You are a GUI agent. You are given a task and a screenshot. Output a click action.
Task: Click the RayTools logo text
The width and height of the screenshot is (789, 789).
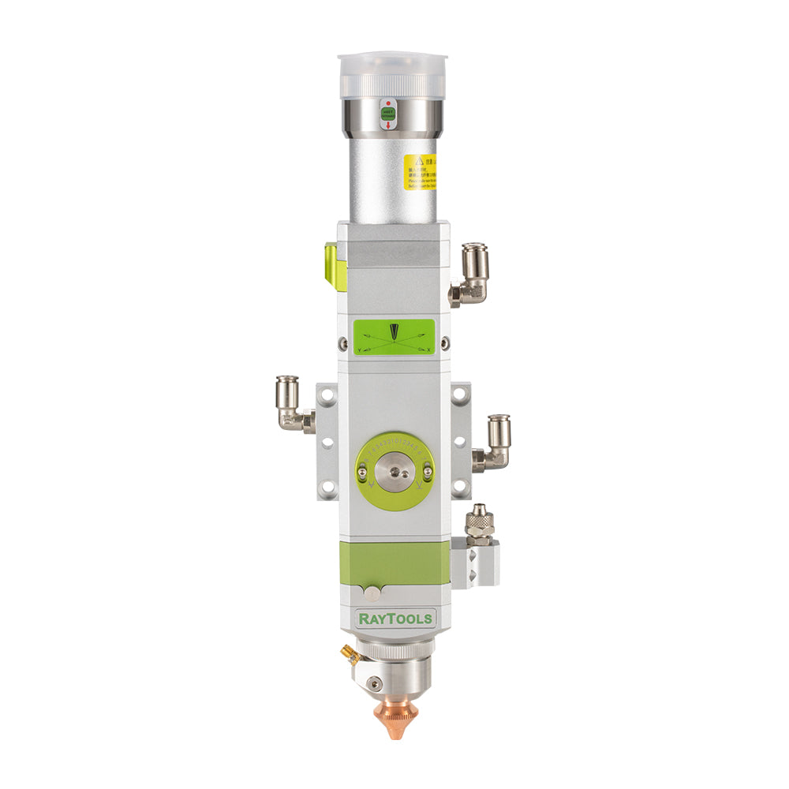396,618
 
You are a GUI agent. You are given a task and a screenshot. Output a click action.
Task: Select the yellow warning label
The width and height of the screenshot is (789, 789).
418,172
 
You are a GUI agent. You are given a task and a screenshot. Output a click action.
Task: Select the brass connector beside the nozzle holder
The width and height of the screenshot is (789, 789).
348,652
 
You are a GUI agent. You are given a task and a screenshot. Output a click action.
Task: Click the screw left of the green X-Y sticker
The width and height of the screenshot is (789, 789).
342,343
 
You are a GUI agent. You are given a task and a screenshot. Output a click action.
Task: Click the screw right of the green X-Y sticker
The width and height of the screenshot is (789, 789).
445,342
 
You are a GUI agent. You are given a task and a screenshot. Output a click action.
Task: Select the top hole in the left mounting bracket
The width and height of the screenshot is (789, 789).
326,392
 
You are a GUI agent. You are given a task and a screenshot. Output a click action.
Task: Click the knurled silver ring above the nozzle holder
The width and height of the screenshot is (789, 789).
394,650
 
